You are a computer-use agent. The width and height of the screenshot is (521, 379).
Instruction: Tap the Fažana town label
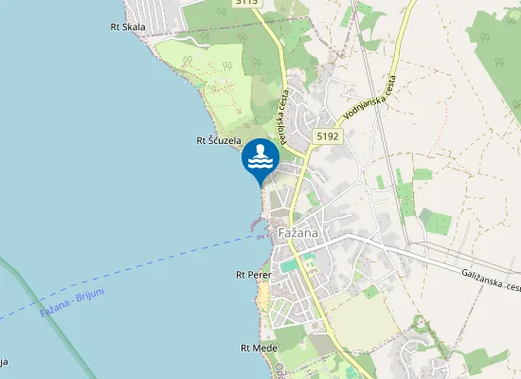point(296,233)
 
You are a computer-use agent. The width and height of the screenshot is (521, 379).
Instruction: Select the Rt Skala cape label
point(128,27)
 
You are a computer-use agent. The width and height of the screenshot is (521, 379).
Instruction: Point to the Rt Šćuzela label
point(217,140)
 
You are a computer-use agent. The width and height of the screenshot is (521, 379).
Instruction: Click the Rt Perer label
point(253,275)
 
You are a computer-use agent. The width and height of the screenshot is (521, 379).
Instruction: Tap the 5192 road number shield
point(328,136)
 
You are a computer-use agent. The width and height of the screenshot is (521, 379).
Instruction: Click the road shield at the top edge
point(245,4)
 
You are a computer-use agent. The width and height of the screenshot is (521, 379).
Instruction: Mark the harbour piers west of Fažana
point(256,226)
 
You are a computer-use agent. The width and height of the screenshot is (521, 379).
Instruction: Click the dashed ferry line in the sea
point(171,264)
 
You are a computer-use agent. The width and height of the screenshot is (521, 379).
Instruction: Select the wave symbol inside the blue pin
point(260,157)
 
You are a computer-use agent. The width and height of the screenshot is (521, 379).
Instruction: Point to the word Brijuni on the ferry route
point(89,295)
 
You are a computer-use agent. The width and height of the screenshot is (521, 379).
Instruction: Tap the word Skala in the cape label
point(135,27)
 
